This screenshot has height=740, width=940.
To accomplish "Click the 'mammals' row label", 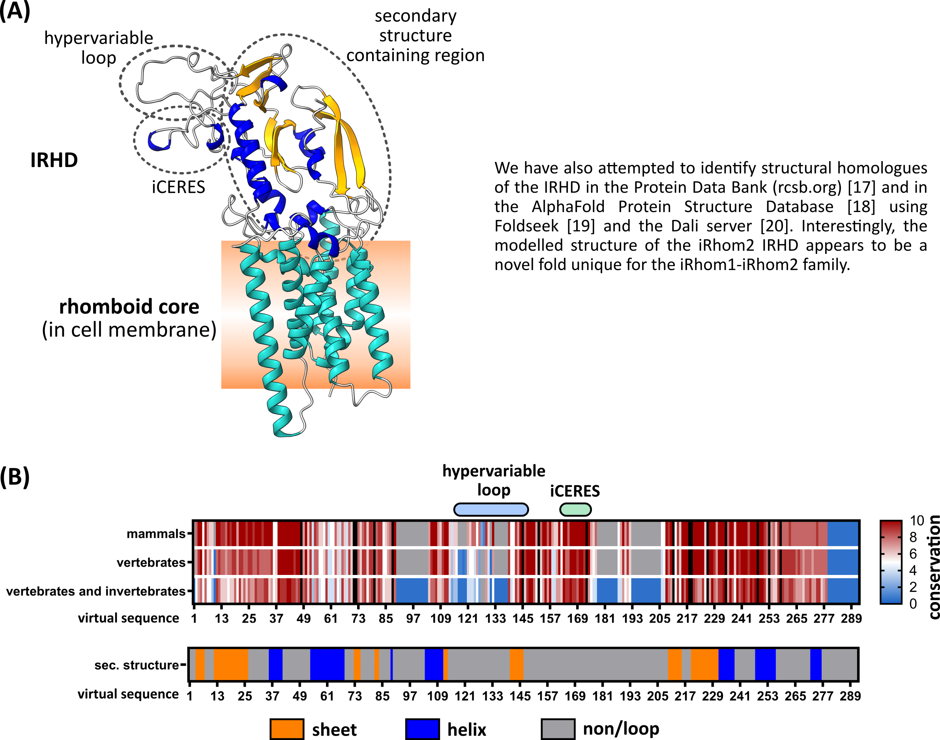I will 155,534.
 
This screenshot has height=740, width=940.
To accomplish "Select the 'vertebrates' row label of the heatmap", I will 151,562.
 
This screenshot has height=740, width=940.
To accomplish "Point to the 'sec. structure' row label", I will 137,665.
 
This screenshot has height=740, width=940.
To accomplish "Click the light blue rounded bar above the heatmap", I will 491,510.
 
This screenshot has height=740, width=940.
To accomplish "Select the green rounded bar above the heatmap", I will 575,510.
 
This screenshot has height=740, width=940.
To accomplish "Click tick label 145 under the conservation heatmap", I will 522,618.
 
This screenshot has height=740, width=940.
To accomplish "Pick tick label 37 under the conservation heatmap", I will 276,618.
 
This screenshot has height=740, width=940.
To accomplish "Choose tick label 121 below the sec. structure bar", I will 464,696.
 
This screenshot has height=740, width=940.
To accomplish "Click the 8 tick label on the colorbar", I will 913,537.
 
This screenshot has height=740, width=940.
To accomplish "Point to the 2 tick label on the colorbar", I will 913,587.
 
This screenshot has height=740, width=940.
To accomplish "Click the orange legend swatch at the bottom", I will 286,729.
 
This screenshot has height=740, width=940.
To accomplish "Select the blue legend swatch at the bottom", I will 423,729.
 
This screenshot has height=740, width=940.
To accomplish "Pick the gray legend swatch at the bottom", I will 558,729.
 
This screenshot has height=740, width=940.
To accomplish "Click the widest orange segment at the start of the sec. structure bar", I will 231,664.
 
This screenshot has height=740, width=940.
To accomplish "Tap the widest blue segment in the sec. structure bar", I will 327,664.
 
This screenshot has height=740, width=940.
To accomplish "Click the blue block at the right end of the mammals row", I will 843,534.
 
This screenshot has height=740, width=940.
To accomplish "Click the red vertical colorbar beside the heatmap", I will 891,562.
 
